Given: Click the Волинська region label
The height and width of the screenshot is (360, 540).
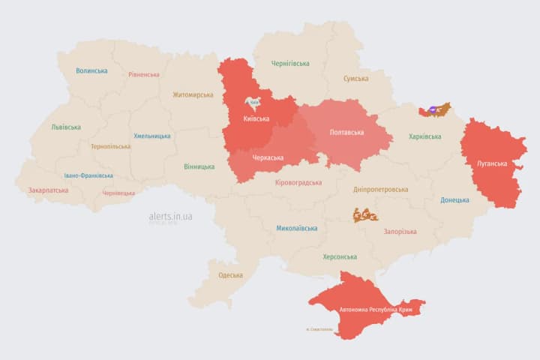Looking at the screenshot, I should (x=91, y=71).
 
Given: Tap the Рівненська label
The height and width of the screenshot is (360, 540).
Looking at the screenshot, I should (x=143, y=75).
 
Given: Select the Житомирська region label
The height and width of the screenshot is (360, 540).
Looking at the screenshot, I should (x=193, y=95).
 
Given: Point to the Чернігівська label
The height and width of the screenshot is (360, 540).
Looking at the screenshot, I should (x=290, y=64).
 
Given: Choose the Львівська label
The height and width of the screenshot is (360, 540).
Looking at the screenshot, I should (x=66, y=127).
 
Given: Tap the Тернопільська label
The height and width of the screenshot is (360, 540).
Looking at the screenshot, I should (x=110, y=146).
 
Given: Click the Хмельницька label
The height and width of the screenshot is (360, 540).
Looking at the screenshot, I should (x=152, y=136).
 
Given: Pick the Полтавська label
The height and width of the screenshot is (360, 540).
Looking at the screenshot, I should (x=347, y=133).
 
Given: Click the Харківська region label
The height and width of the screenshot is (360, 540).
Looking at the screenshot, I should (x=425, y=136).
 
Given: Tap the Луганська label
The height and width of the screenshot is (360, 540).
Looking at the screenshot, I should (x=492, y=163).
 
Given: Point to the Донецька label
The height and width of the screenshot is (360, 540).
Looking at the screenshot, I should (x=454, y=200).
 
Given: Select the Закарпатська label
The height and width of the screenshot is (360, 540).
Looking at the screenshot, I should (x=48, y=190).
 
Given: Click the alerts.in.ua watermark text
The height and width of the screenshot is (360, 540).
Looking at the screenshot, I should (x=170, y=217).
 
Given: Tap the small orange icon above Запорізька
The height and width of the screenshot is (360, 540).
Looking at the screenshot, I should (x=365, y=215).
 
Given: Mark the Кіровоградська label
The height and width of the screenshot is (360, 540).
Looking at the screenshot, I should (x=298, y=182).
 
